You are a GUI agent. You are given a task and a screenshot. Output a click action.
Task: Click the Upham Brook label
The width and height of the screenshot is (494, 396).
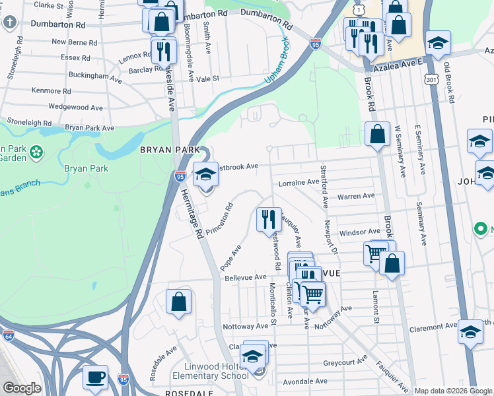tap(277, 69)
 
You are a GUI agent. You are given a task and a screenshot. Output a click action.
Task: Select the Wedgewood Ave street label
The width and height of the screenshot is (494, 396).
tap(76, 107)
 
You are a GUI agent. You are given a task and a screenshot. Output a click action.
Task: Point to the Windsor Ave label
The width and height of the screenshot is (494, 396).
tap(359, 232)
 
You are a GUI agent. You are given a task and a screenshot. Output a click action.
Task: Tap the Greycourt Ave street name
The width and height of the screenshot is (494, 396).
tap(345, 362)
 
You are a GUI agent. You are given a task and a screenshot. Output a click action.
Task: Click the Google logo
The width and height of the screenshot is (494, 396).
tap(22, 388)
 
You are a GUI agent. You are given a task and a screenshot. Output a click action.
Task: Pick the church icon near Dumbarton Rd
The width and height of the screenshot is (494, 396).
tap(9, 22)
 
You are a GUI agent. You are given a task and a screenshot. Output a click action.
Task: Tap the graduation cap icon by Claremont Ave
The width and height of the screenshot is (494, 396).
tap(470, 333)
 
